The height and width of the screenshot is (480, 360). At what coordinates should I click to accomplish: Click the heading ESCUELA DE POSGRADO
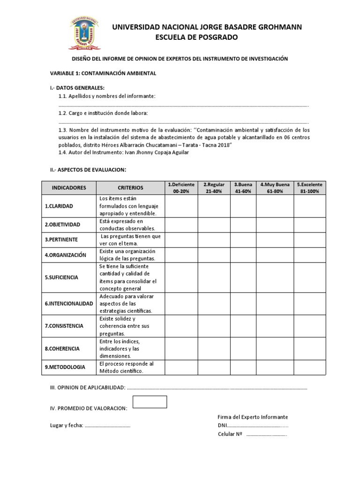(x=196, y=37)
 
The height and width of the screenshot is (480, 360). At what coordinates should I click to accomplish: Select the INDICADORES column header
(x=69, y=187)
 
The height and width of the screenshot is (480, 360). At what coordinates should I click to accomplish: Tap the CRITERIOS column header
(x=130, y=187)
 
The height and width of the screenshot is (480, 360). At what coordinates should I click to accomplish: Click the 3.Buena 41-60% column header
(x=243, y=187)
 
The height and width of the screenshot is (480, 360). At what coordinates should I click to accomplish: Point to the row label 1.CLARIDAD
(x=59, y=206)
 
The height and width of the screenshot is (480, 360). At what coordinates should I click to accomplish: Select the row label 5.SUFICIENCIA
(x=61, y=277)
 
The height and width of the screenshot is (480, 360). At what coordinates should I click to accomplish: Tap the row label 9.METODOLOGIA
(x=65, y=367)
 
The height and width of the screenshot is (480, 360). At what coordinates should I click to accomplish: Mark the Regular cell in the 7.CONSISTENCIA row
(x=213, y=326)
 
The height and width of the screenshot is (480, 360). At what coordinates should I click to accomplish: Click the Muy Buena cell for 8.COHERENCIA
(x=275, y=349)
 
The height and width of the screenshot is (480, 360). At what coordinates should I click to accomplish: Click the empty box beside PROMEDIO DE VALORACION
(x=150, y=402)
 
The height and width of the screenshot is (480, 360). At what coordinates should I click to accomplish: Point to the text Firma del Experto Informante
(x=253, y=417)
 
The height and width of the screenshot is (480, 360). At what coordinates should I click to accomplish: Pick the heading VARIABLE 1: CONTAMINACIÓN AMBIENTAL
(x=103, y=74)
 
